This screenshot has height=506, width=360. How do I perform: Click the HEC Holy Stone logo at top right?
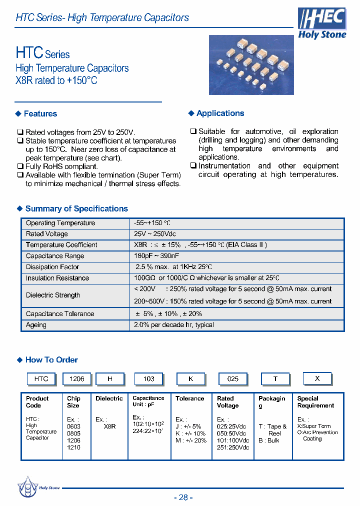322,23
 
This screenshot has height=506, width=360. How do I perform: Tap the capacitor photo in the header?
251,64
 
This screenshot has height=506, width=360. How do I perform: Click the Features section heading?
40,113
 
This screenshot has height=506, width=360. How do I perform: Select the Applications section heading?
220,113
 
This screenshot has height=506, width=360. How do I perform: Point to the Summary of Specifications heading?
76,208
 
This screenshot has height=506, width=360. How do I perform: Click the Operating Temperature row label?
60,223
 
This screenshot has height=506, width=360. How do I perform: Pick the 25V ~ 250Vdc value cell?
155,234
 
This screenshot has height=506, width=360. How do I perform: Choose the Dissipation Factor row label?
52,267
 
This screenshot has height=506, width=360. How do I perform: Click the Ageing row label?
36,325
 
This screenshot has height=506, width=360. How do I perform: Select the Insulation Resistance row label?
57,278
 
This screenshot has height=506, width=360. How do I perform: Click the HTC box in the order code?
41,379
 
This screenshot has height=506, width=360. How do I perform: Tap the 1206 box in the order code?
76,379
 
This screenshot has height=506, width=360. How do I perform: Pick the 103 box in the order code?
149,379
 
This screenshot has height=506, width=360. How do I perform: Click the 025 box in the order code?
233,379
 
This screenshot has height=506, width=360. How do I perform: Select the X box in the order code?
317,378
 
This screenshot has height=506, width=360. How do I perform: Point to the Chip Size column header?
73,402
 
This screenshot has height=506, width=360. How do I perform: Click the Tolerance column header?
189,398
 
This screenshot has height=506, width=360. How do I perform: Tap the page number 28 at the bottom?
183,497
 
